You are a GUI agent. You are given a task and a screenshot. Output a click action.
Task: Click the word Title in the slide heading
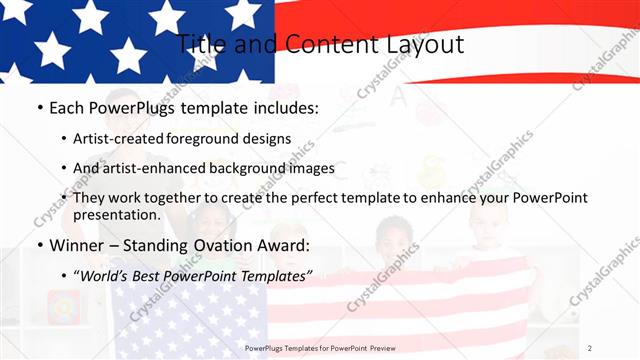coord(202,44)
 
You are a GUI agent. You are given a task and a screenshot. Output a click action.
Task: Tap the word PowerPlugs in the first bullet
coord(140,106)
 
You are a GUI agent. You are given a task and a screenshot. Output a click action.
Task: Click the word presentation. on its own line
coord(117,215)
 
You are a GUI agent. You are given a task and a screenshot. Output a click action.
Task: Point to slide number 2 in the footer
coord(590,347)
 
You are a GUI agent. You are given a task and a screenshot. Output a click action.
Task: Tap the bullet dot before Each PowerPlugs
coord(39,106)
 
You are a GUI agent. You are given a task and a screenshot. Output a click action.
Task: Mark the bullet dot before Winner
coord(39,245)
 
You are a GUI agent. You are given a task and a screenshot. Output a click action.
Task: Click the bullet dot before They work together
coord(64,198)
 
